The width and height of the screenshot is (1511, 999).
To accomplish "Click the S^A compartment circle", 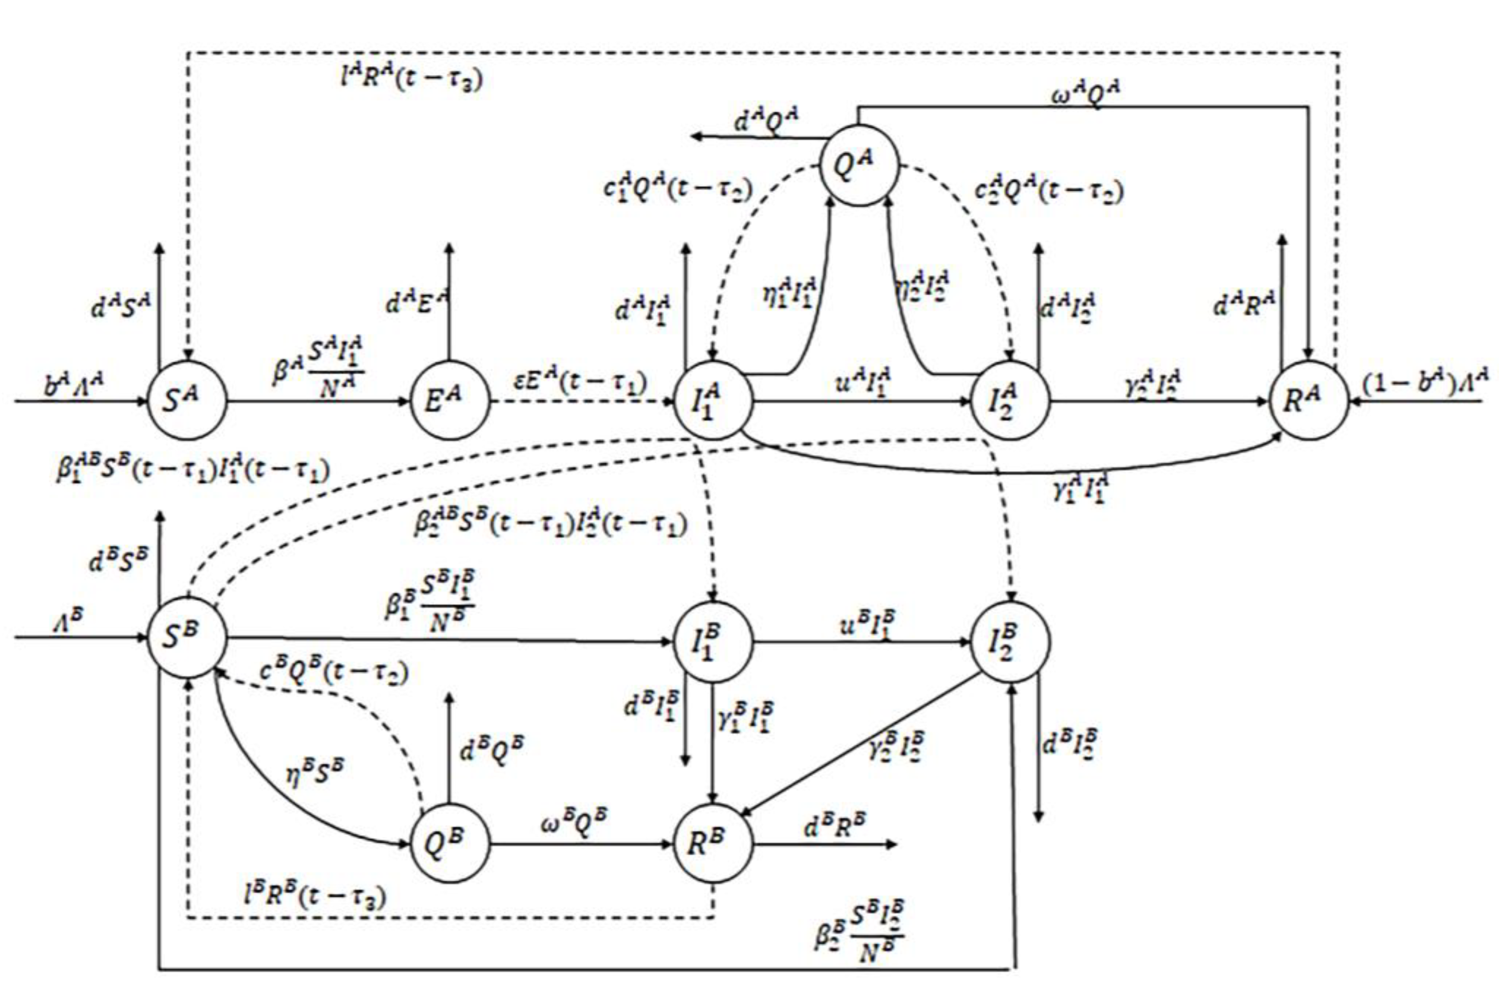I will point(187,401).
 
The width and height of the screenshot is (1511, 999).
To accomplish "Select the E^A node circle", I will point(449,401).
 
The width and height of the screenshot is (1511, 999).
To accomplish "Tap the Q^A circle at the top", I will point(858,165).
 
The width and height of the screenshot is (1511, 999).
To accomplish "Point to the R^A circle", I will point(1308,401).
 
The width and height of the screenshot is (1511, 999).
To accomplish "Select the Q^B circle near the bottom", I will point(449,844).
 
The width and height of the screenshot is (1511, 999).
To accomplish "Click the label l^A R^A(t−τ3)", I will point(411,80).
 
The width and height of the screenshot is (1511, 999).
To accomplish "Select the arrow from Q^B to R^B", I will point(581,845).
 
